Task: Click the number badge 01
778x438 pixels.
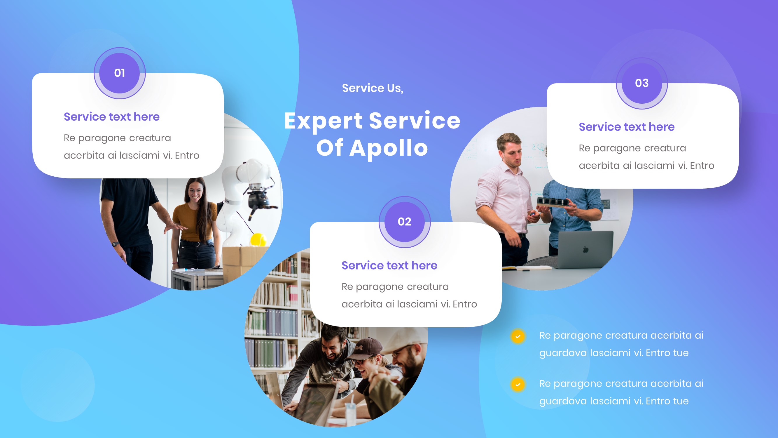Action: (120, 73)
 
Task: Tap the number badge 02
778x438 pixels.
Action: (404, 222)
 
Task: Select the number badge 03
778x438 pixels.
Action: (642, 83)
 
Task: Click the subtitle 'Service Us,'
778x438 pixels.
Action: (373, 88)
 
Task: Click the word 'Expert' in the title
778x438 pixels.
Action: (323, 121)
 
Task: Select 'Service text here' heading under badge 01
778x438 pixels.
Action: (111, 117)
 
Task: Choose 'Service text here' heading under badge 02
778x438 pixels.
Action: (389, 265)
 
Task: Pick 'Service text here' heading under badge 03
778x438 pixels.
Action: (626, 127)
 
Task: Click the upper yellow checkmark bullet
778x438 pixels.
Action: (518, 336)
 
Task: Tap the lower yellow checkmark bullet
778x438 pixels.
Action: (518, 385)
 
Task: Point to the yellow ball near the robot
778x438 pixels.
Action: (258, 239)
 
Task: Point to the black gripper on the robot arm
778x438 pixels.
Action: (260, 199)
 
